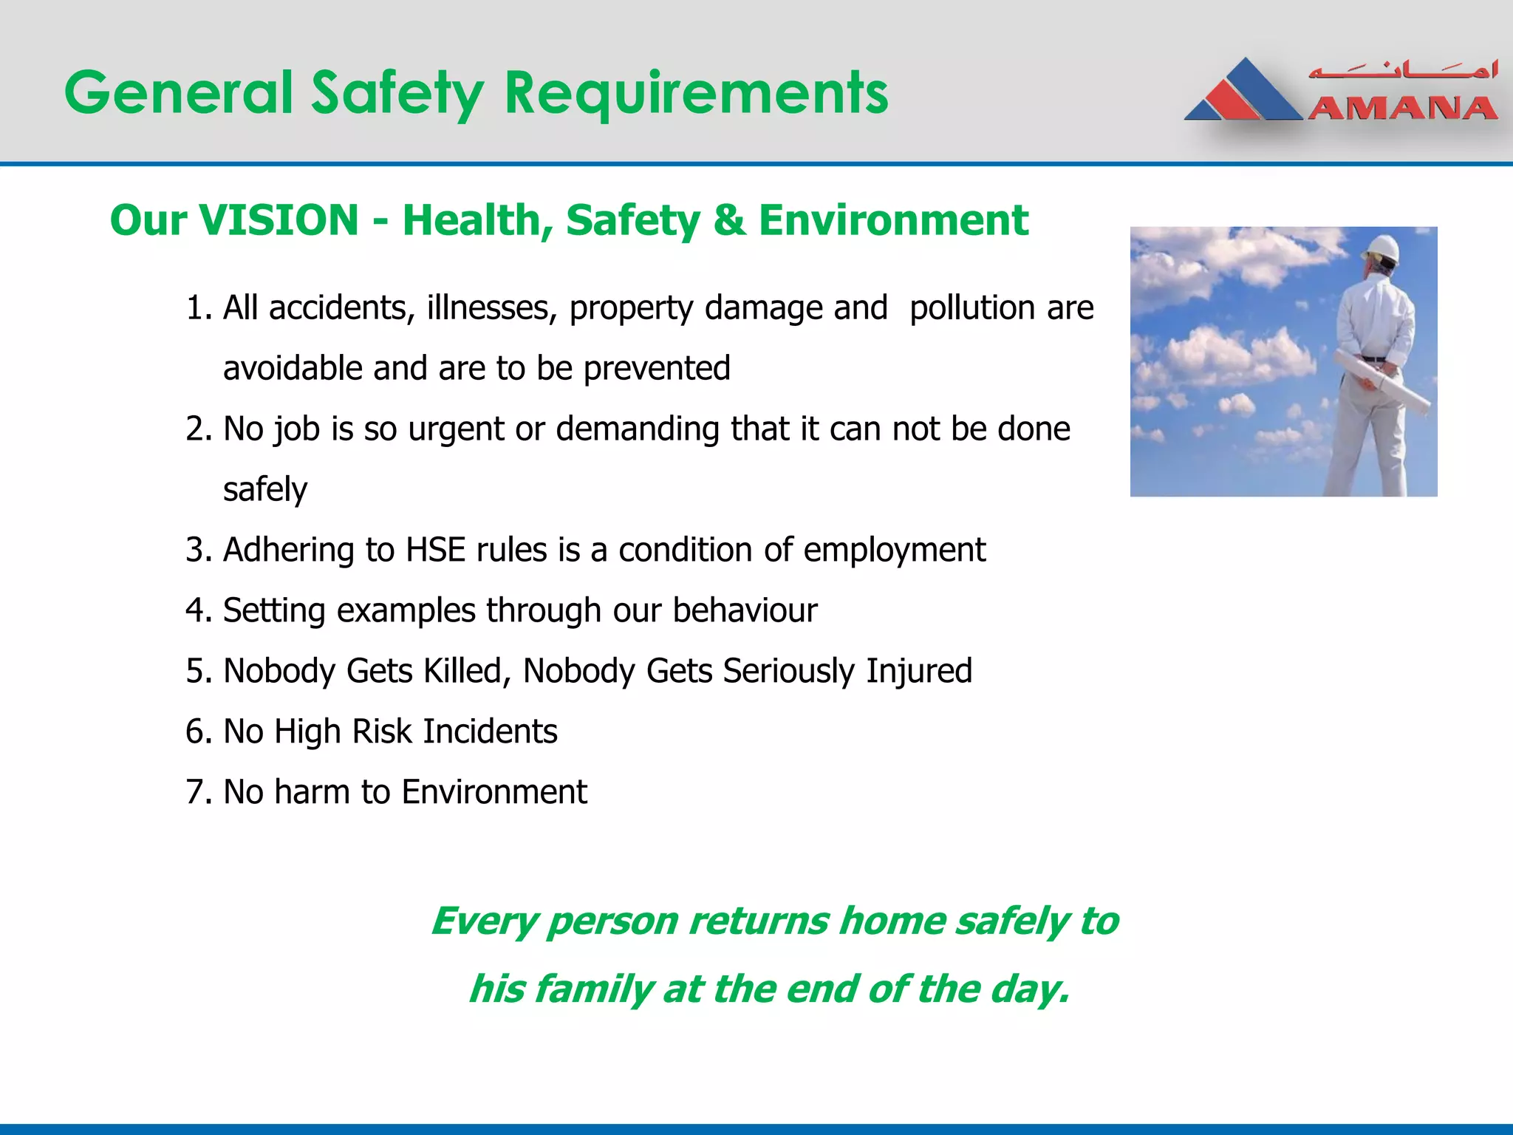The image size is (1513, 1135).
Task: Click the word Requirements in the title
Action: click(696, 93)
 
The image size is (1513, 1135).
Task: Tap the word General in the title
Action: click(179, 93)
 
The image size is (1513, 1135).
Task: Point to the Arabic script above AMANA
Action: click(1402, 71)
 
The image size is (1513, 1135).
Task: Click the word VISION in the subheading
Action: click(279, 220)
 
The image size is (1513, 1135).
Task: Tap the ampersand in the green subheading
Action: click(728, 220)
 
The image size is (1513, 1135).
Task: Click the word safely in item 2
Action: click(264, 489)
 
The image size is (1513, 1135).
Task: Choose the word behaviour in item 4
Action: click(744, 610)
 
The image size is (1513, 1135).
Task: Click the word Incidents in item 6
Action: click(489, 732)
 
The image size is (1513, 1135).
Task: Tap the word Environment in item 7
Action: click(493, 792)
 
